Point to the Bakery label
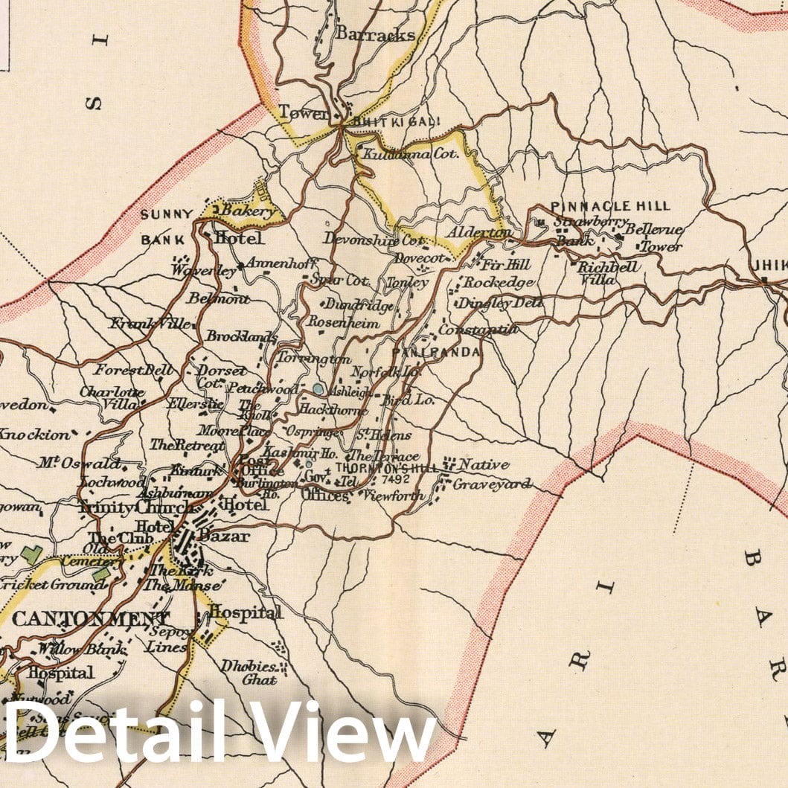[x=242, y=212]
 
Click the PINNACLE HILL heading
[x=610, y=206]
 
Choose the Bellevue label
[x=653, y=229]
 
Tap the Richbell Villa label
[x=606, y=273]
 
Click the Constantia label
[x=478, y=329]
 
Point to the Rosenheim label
[x=344, y=324]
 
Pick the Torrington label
[x=313, y=359]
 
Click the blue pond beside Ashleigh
[x=318, y=388]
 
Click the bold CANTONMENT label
[x=90, y=619]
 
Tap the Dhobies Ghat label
[x=248, y=673]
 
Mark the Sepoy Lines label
[x=168, y=640]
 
